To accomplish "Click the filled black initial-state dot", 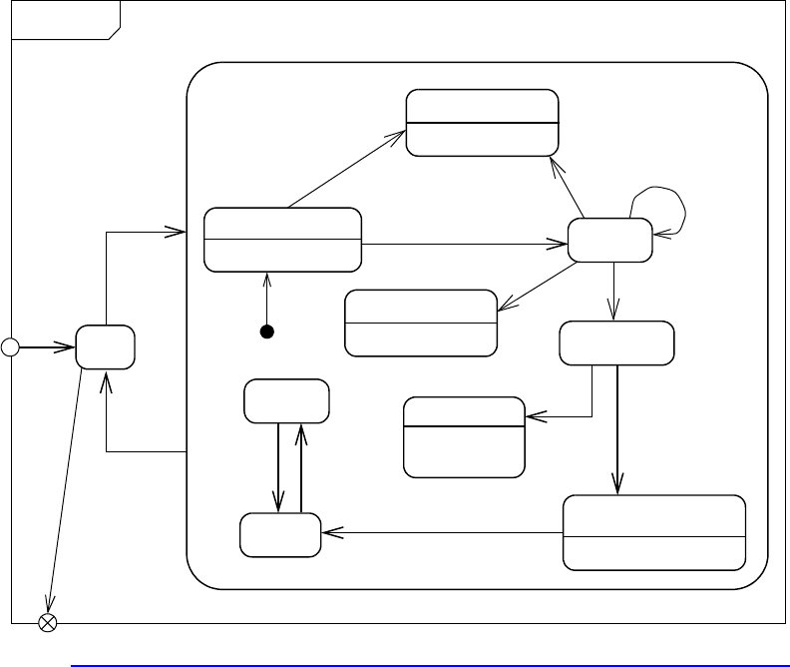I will click(267, 333).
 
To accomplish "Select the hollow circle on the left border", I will click(10, 347).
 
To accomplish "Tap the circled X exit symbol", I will click(47, 623).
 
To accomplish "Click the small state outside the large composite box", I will click(107, 347).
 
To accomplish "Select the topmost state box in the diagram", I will click(481, 122).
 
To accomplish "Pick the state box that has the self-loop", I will click(609, 241).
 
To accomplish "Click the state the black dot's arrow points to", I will click(281, 240).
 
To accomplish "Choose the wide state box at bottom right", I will click(654, 532).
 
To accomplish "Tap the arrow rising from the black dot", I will click(267, 300).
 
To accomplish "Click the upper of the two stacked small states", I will click(286, 400).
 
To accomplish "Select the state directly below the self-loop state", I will click(615, 342).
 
